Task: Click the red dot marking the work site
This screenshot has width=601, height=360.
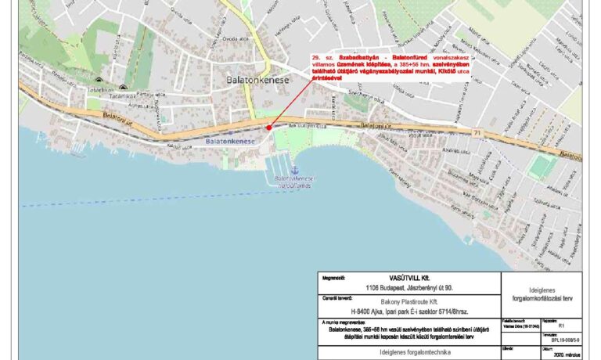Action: coord(268,127)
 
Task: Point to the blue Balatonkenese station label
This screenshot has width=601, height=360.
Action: coord(232,141)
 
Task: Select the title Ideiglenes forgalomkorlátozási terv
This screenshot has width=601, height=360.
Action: coord(542,294)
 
